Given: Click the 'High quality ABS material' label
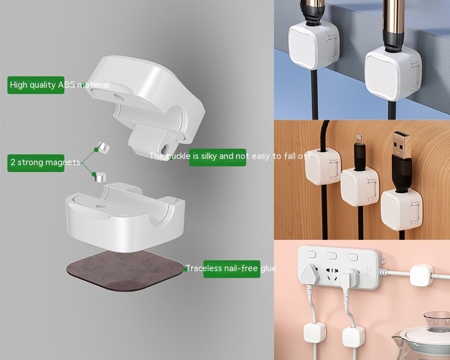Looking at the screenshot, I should click(x=36, y=85).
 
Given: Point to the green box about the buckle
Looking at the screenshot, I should click(x=217, y=157).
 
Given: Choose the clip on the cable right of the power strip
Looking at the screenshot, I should click(x=422, y=275).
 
